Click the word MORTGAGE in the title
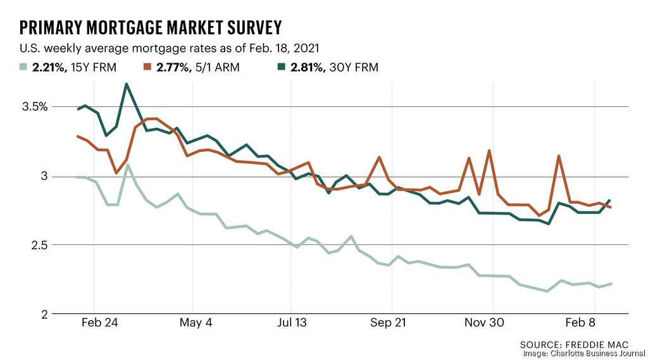(x=139, y=27)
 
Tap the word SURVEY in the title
(x=251, y=27)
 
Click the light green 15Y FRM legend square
(x=24, y=67)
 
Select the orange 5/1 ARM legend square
(x=147, y=67)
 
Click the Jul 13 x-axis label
(x=292, y=323)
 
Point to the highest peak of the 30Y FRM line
(x=127, y=84)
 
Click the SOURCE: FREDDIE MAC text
(x=575, y=344)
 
